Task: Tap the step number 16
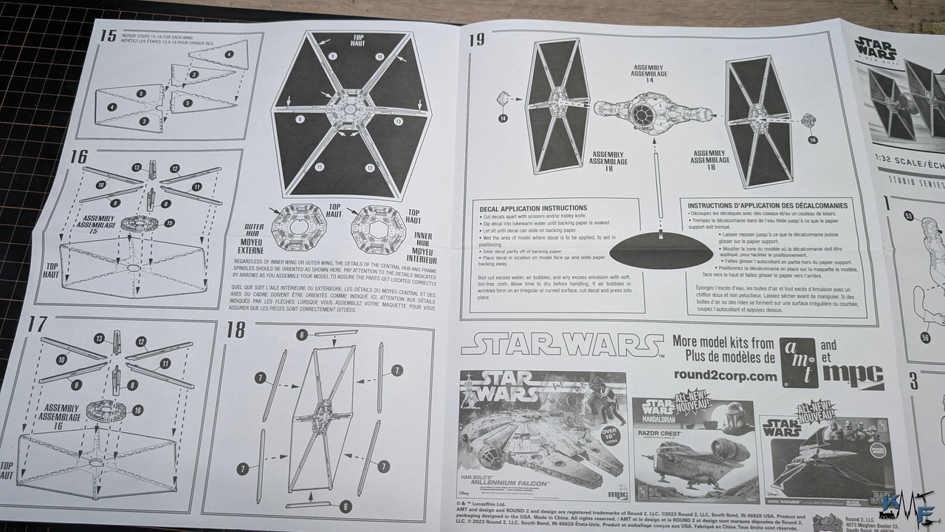(x=79, y=157)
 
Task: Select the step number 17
(x=37, y=324)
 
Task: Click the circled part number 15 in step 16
(x=169, y=222)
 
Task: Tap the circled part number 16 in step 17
(x=137, y=410)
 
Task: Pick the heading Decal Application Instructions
(x=533, y=208)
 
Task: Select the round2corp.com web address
(x=725, y=375)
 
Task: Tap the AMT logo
(x=800, y=362)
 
